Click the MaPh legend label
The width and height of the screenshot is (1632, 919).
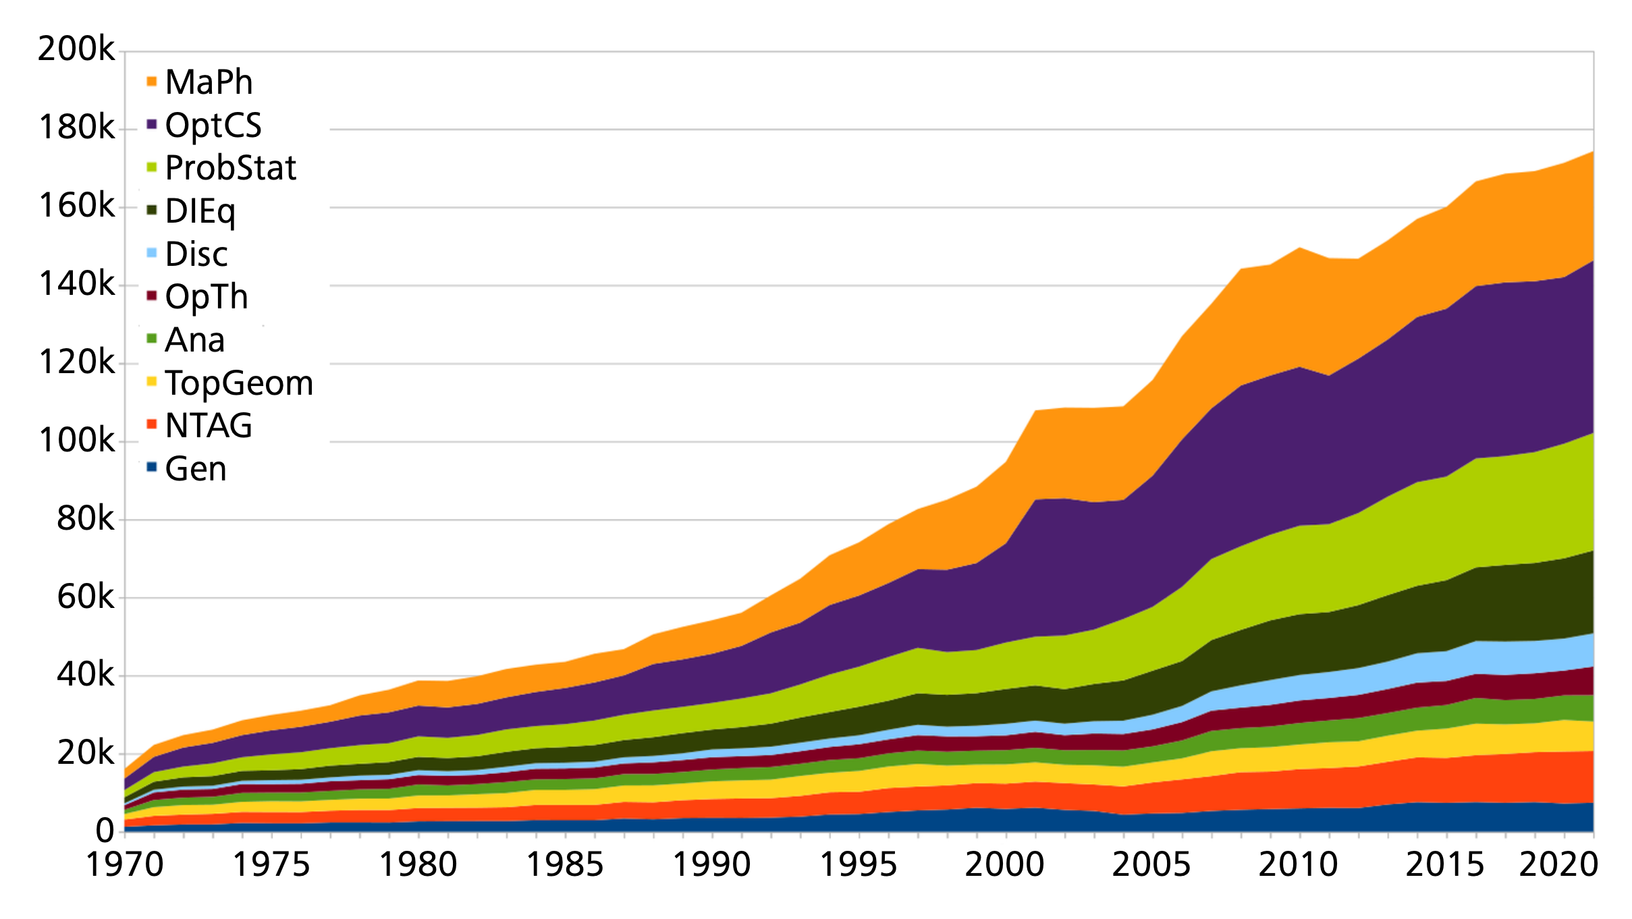click(x=209, y=82)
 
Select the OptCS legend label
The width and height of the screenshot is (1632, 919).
click(x=213, y=126)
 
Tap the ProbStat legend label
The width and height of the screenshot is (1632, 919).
click(x=230, y=168)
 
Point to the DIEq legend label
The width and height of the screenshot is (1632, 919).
click(x=200, y=211)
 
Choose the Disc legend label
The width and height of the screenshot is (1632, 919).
click(x=196, y=254)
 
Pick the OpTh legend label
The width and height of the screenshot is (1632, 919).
click(x=207, y=297)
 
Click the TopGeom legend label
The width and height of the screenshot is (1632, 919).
click(x=239, y=383)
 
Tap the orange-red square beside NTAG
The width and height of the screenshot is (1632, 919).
click(x=152, y=424)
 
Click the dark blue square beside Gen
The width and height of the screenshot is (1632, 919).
click(x=152, y=466)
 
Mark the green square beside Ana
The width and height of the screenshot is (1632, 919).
click(x=152, y=337)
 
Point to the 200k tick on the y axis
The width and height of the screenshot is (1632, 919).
click(x=76, y=49)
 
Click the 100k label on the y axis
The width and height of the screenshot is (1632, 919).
click(x=76, y=441)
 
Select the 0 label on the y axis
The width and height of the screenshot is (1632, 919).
click(x=105, y=831)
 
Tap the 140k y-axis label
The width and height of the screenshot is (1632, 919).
click(x=76, y=284)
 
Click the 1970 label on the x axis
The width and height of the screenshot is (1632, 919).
click(x=125, y=865)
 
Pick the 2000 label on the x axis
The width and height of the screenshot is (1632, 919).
click(x=1005, y=865)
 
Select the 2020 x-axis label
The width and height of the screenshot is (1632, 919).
click(x=1558, y=865)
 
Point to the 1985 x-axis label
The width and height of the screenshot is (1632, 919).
click(x=565, y=865)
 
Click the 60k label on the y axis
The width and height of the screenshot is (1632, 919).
click(x=85, y=597)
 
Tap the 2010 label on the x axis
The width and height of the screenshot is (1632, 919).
click(x=1299, y=865)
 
